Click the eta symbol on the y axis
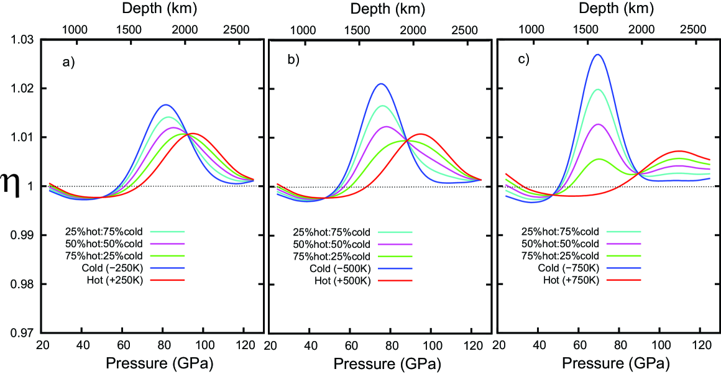[x=12, y=187]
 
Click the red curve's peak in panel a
[x=191, y=133]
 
